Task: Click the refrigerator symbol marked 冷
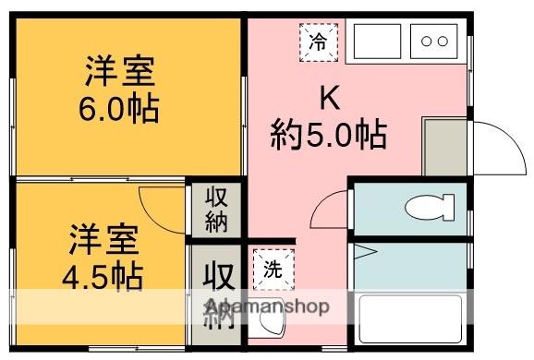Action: [x=318, y=41]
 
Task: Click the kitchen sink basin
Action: [x=373, y=41]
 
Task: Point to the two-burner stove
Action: [x=434, y=41]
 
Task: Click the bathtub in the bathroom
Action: [x=410, y=318]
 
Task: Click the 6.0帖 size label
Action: [x=118, y=109]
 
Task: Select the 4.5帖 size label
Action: [x=103, y=276]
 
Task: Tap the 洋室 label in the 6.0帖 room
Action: [x=119, y=71]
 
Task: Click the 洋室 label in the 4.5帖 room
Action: [x=103, y=239]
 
